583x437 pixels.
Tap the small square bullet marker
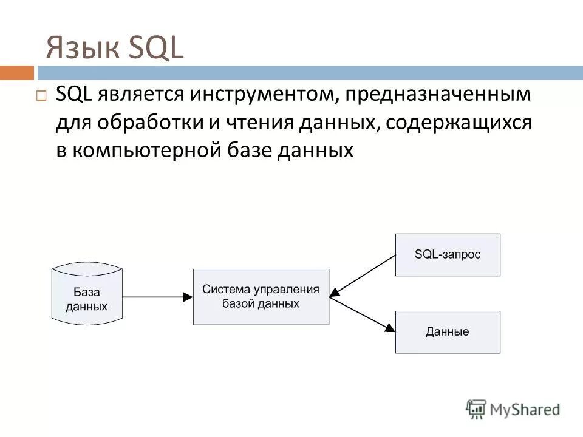[x=41, y=96]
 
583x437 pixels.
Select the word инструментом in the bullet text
[x=260, y=96]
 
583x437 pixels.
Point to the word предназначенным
[x=438, y=96]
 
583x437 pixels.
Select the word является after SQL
[x=132, y=96]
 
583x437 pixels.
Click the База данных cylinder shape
[x=87, y=294]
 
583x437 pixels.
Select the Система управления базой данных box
[x=261, y=297]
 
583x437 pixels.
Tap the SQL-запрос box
[x=448, y=255]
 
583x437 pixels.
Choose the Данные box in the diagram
[x=448, y=332]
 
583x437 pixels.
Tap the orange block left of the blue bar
[x=16, y=73]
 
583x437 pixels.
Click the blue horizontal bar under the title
[x=304, y=73]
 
